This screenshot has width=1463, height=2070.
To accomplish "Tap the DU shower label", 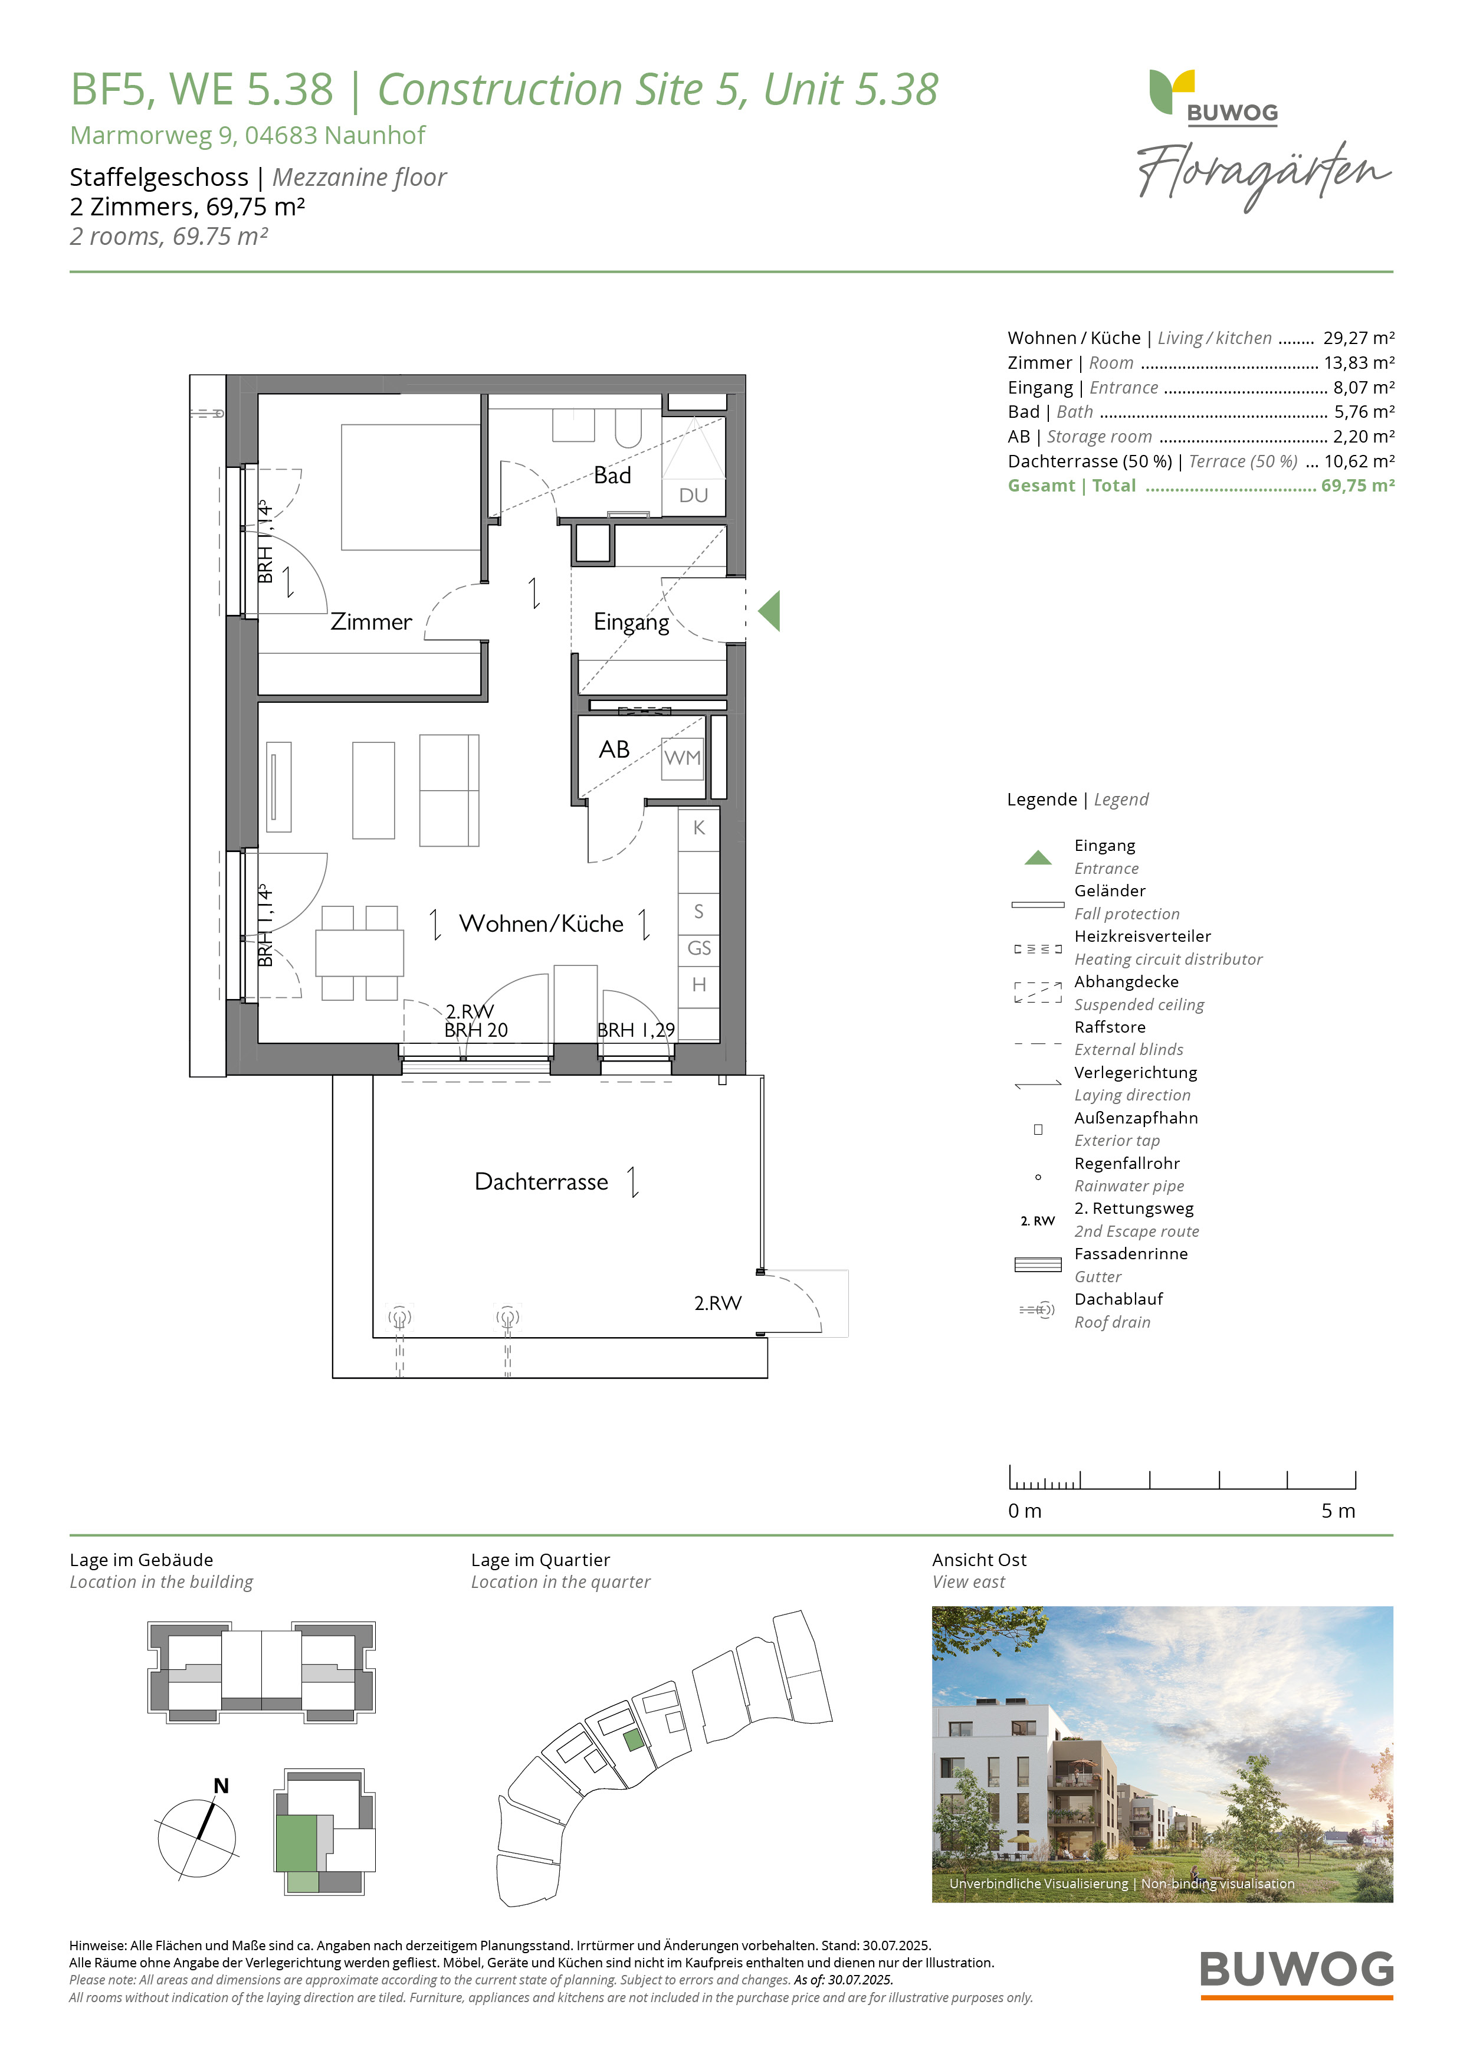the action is [693, 495].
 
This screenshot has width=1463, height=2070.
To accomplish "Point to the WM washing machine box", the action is [683, 757].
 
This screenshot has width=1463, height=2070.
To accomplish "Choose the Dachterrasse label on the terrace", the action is [541, 1181].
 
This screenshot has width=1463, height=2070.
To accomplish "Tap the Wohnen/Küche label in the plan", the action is [541, 923].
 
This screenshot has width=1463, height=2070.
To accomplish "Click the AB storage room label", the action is [614, 749].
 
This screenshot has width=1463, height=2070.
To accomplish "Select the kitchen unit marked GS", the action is [698, 948].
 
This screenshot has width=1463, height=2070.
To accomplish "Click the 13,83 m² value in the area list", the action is [1359, 362].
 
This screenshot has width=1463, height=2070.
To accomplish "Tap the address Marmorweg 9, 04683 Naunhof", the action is [247, 135].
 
